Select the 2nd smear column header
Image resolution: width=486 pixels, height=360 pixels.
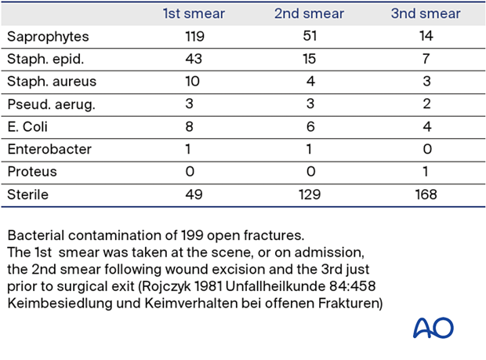point(309,14)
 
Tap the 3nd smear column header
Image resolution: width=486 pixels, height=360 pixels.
point(426,14)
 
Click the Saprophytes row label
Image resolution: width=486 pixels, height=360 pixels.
point(48,37)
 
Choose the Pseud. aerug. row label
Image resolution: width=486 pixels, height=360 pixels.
point(51,104)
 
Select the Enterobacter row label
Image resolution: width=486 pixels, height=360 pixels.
point(48,149)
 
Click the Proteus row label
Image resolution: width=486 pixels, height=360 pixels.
point(32,172)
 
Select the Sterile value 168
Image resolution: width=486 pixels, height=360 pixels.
point(426,195)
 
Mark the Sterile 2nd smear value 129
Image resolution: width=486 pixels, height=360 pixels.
point(309,195)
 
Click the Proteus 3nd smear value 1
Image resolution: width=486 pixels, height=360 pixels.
point(426,172)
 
